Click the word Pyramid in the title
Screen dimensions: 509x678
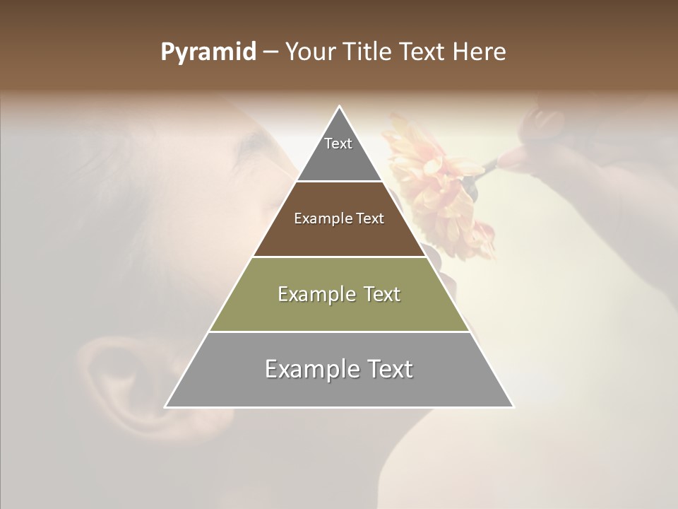point(208,52)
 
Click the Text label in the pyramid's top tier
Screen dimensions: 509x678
point(338,144)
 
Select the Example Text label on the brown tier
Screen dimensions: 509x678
point(339,218)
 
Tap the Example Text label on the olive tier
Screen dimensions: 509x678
point(339,294)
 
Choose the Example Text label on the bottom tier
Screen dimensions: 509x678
point(339,369)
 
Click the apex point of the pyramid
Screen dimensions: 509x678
point(340,107)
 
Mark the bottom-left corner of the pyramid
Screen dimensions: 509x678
point(166,406)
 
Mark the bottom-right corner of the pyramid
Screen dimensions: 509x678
point(513,406)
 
